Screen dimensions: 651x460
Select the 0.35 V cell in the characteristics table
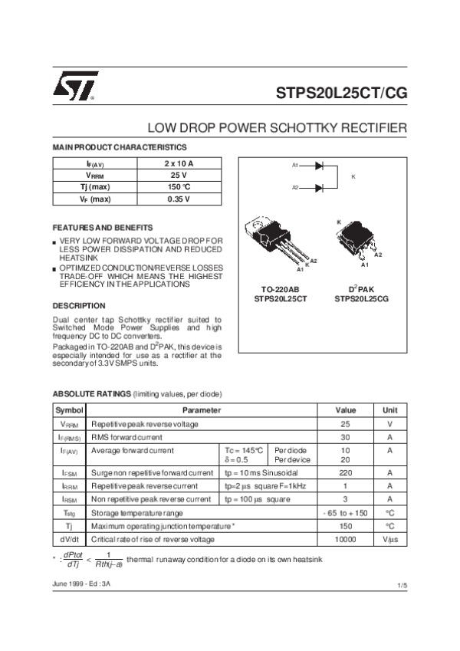pos(179,199)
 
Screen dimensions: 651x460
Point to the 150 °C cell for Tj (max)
pos(179,188)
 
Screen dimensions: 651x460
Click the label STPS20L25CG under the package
pos(361,299)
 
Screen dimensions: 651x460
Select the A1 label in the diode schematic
pos(295,165)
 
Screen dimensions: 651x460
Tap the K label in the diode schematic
pos(353,176)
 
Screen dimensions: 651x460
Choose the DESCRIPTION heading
pos(78,305)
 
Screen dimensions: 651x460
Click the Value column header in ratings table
pos(345,410)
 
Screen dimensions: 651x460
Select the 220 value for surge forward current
pos(345,473)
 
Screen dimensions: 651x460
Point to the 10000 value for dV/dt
pos(345,539)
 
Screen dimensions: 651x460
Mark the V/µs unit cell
pos(390,539)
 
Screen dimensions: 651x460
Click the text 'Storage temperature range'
pos(137,512)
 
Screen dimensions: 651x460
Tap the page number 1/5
pos(401,586)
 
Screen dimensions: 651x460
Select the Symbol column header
pos(69,410)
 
